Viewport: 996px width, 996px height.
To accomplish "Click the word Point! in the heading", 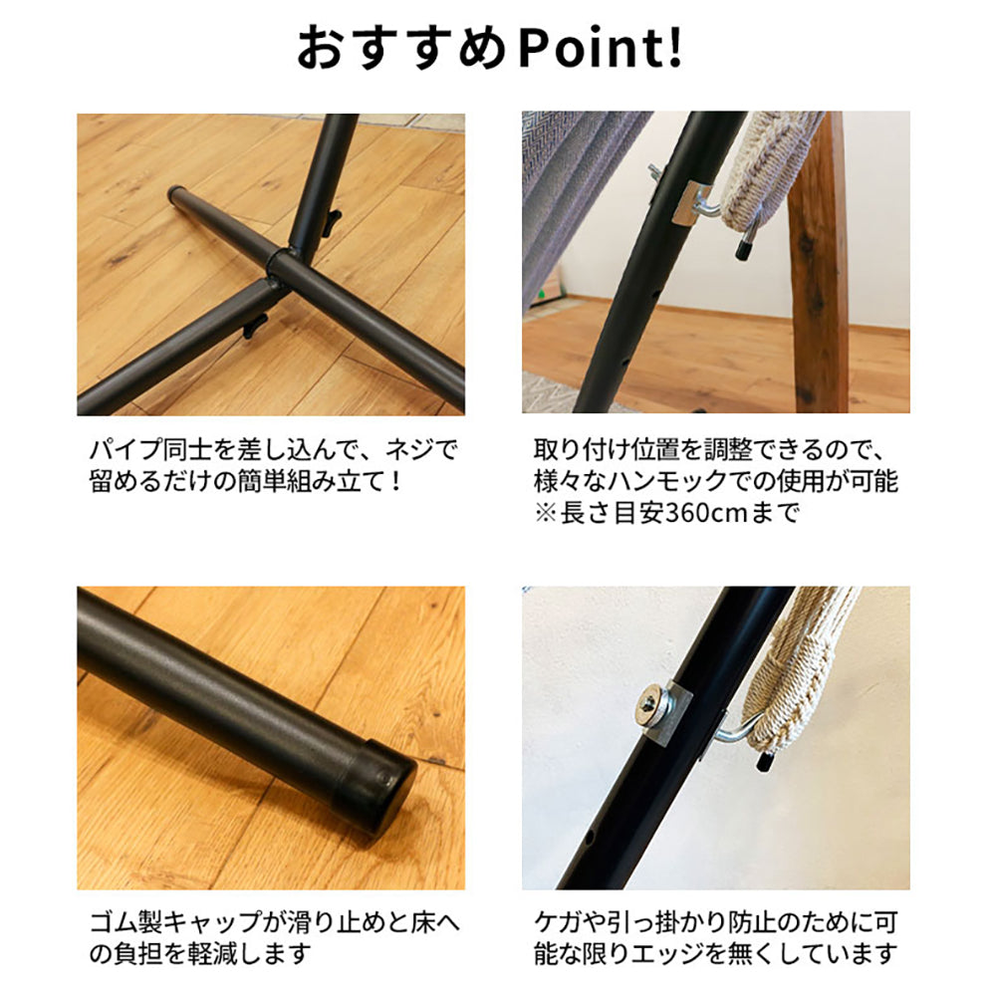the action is tap(601, 48).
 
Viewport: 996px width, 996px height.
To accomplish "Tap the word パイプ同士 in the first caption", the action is tap(150, 450).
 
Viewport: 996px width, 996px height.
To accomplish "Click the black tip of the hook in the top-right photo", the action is tap(744, 245).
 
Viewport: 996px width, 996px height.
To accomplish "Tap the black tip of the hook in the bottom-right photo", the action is tap(762, 760).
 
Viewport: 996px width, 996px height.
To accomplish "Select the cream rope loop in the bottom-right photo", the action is tap(793, 673).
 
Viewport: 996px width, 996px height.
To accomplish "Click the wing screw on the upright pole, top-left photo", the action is tap(332, 222).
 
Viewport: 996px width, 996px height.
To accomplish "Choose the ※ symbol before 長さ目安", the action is tap(545, 513).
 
